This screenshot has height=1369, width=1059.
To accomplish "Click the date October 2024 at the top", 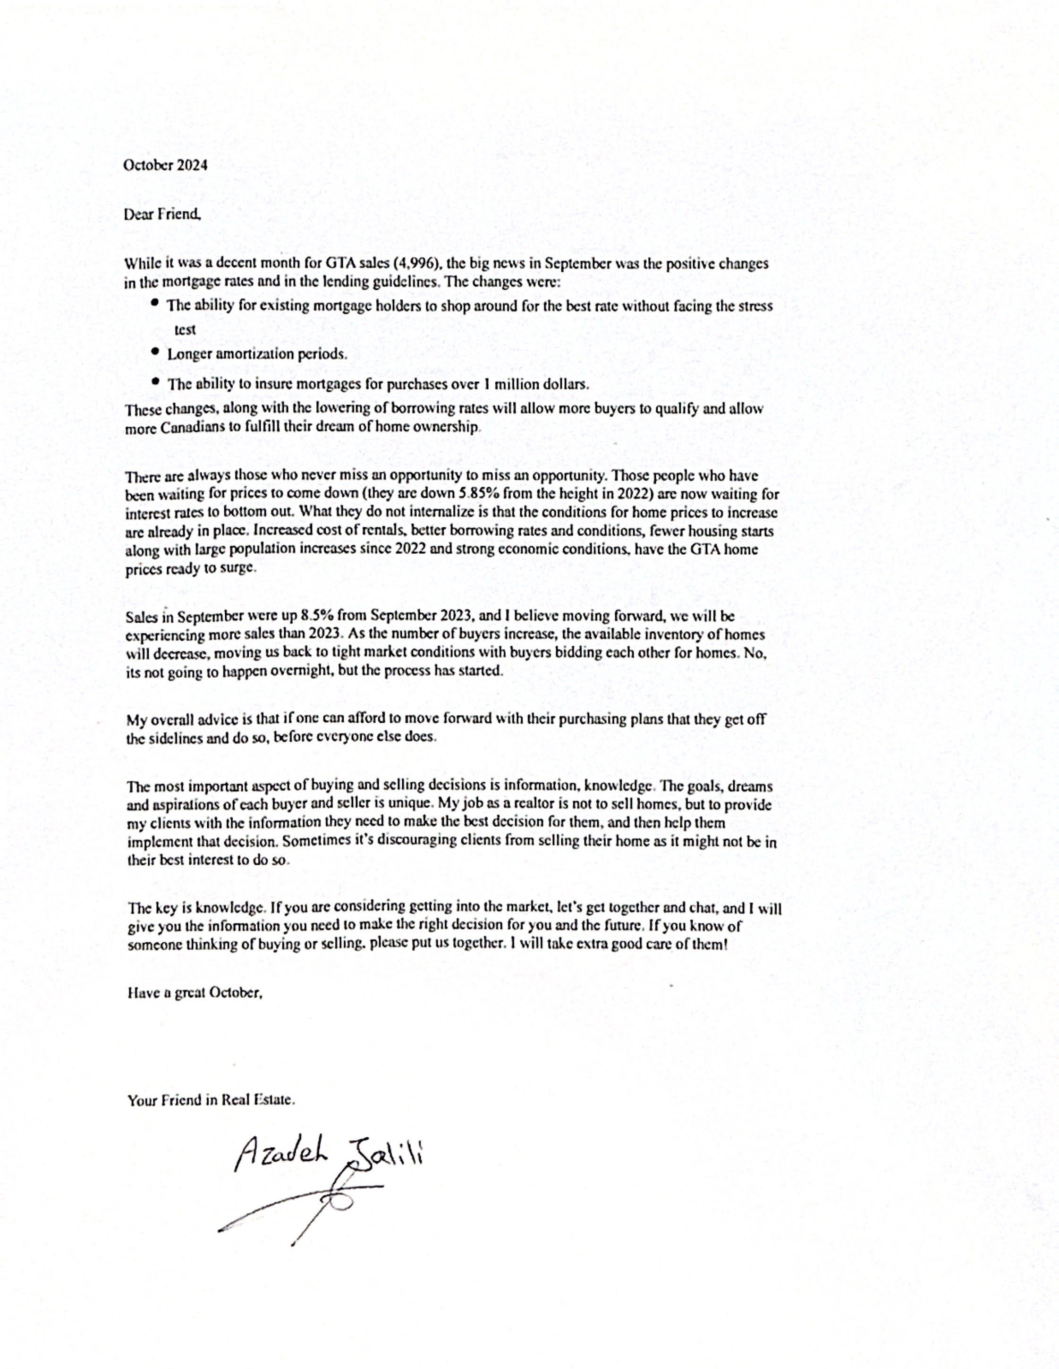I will [x=165, y=166].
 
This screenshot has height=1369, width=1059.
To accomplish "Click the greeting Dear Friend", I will [x=162, y=214].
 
